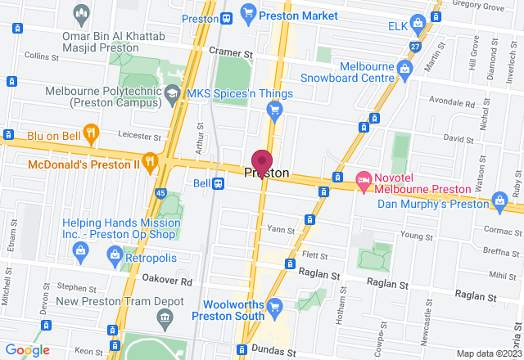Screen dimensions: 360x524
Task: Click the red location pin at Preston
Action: click(x=262, y=161)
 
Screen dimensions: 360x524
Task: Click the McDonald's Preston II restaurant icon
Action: click(x=149, y=162)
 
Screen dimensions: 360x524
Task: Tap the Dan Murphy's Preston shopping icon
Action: click(x=500, y=200)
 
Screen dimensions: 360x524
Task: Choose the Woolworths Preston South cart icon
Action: click(x=274, y=307)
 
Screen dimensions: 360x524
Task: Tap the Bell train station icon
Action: click(x=219, y=183)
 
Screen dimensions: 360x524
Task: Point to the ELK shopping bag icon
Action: click(x=418, y=22)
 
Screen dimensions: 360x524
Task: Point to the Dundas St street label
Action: click(x=279, y=352)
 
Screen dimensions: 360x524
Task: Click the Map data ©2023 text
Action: click(x=489, y=353)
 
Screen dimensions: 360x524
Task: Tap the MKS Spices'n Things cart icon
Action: click(x=276, y=110)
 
